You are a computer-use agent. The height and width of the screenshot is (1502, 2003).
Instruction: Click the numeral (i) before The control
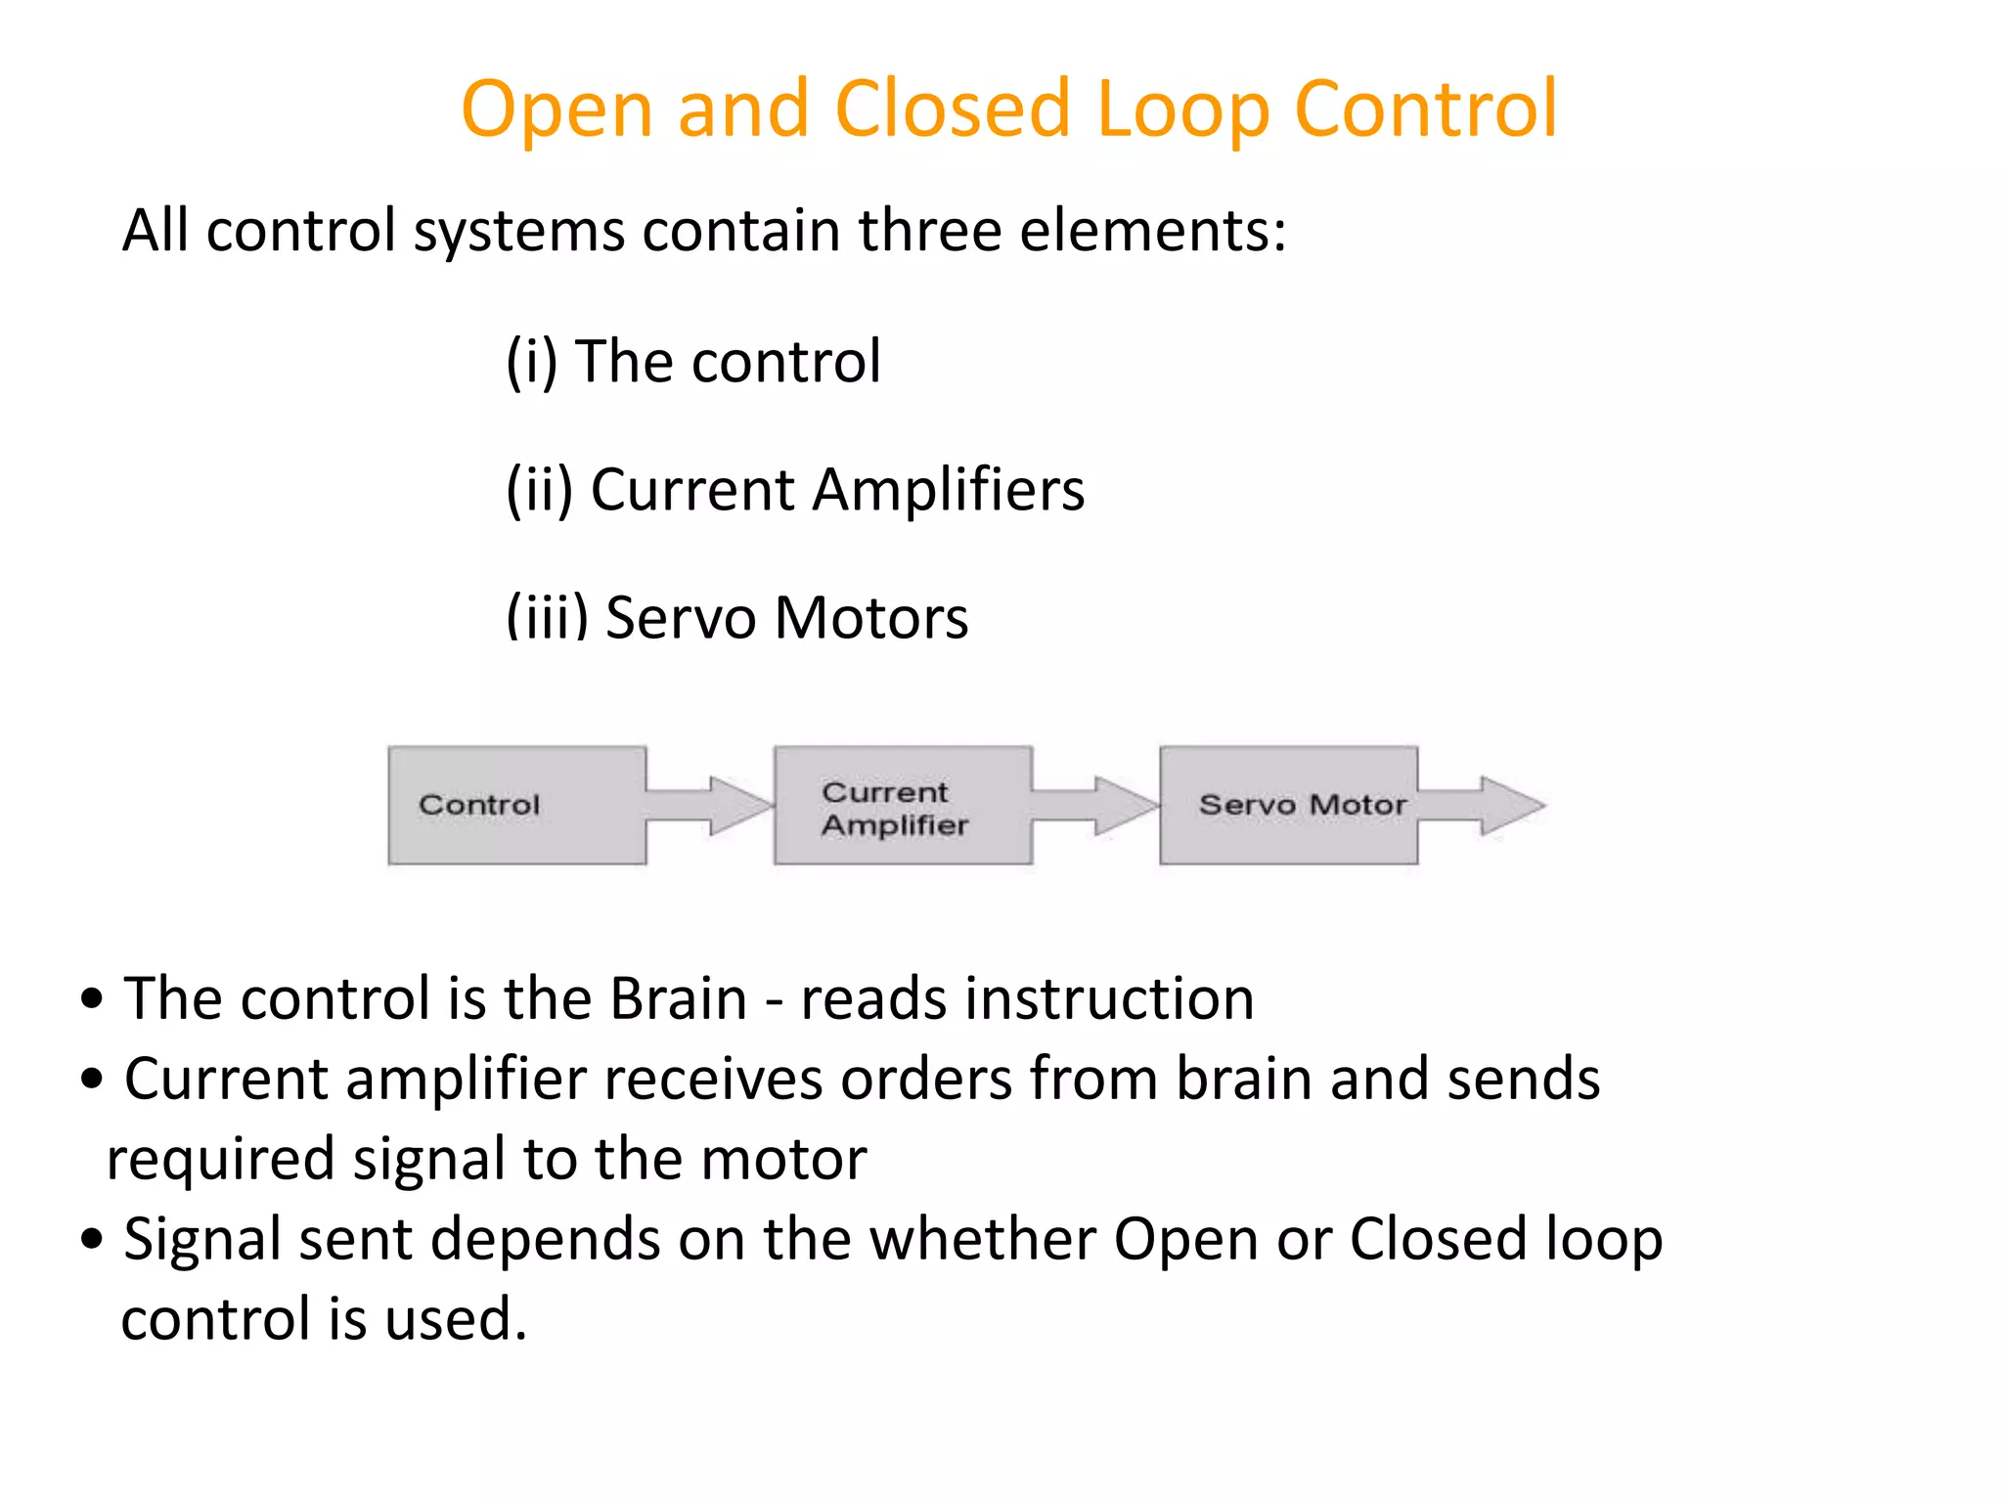tap(531, 361)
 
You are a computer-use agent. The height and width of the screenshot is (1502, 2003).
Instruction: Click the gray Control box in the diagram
tap(516, 805)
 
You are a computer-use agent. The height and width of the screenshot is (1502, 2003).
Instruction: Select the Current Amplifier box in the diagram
tap(902, 806)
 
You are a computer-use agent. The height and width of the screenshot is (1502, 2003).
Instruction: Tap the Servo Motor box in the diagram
tap(1288, 805)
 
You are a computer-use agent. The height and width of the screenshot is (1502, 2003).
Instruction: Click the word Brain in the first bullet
tap(678, 998)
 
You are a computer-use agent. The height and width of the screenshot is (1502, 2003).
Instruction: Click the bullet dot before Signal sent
tap(92, 1239)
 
